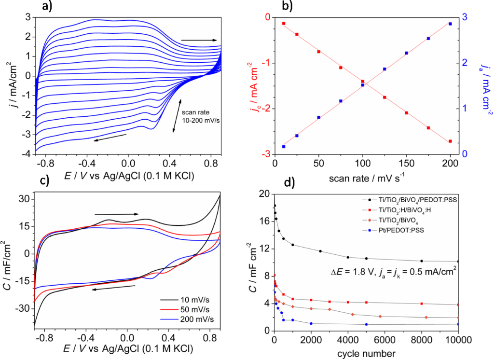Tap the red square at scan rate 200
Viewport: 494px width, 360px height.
[x=450, y=141]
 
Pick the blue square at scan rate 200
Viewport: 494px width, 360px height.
[x=450, y=24]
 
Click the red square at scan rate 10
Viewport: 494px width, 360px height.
[x=283, y=23]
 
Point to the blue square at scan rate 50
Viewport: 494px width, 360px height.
[x=318, y=117]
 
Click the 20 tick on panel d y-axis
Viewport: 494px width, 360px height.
[x=264, y=194]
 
